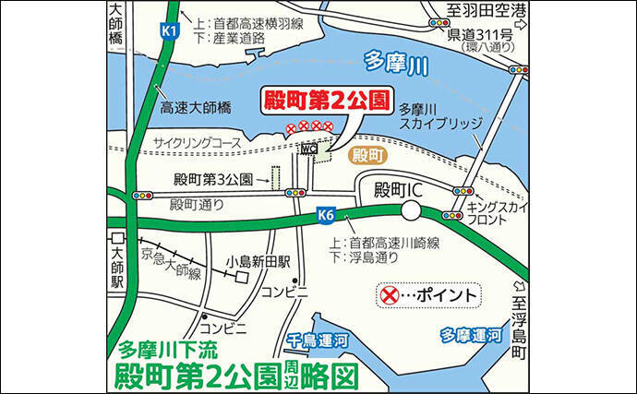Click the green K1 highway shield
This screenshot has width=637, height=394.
point(168,31)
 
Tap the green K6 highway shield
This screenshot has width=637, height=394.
point(324,215)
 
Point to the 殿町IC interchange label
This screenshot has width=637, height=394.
point(398,189)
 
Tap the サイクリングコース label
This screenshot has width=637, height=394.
point(197,143)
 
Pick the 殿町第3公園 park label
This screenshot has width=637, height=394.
point(214,179)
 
